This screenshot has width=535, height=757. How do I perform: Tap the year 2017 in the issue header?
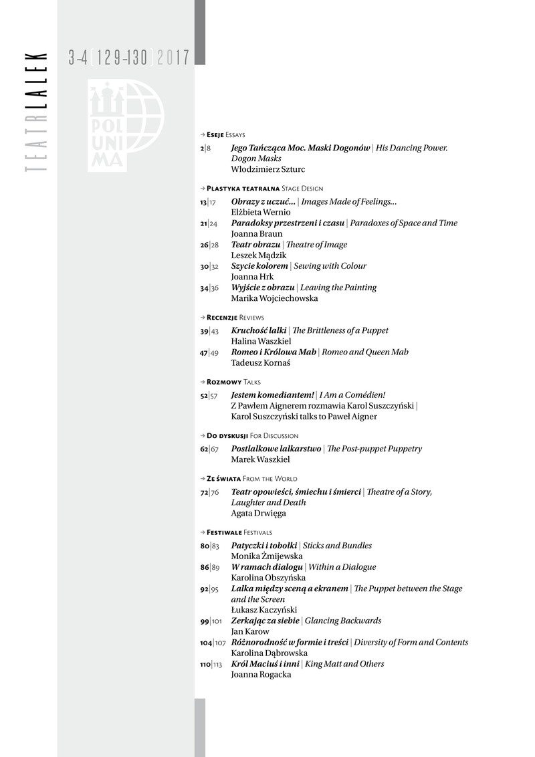173,58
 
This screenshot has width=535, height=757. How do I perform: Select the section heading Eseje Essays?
226,134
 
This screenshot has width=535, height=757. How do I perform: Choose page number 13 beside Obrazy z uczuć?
203,202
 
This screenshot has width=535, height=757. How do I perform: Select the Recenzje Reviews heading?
235,317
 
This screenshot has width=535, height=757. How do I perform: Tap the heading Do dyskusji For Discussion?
252,435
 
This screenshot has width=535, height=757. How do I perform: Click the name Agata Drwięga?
259,513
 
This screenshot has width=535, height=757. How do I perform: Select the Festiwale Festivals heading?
239,532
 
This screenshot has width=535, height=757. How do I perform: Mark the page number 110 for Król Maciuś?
205,664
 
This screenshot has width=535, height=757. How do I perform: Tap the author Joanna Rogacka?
261,675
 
